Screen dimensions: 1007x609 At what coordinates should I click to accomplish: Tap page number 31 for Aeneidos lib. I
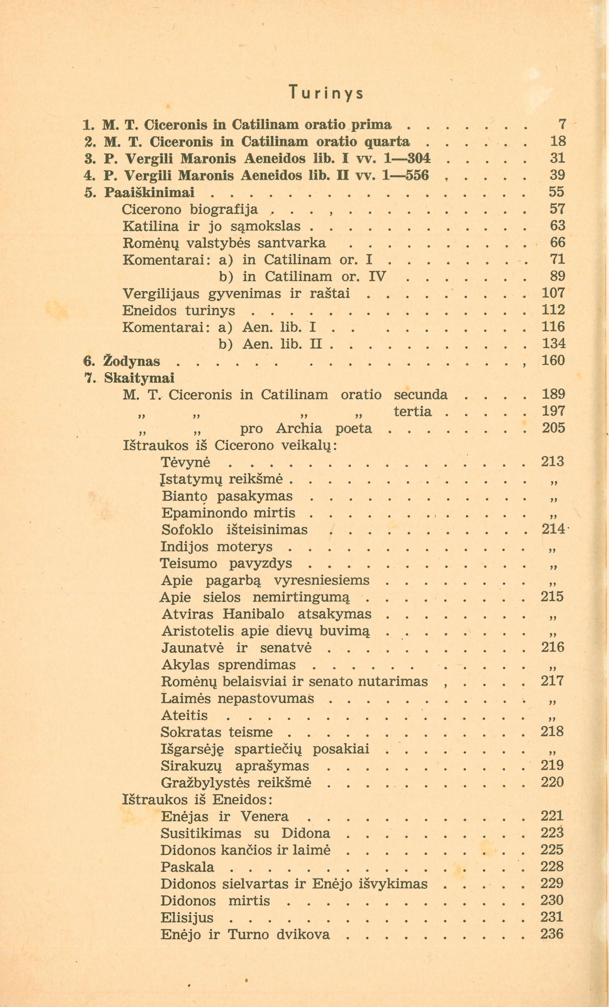click(x=557, y=158)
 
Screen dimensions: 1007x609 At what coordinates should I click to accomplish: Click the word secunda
click(x=421, y=395)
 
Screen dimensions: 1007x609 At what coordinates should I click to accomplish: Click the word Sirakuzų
click(x=188, y=766)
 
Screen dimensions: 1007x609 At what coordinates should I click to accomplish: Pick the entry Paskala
click(x=187, y=867)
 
